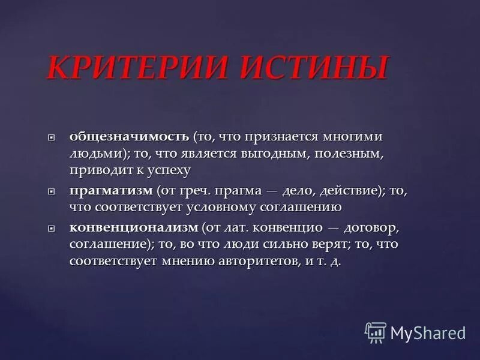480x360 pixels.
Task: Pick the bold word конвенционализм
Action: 133,229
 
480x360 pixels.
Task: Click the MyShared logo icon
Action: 376,331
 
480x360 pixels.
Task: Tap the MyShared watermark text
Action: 428,332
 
